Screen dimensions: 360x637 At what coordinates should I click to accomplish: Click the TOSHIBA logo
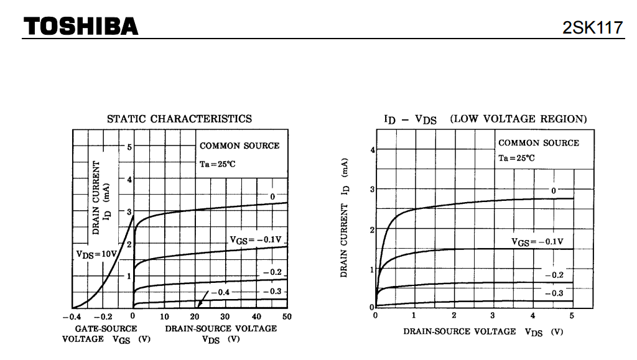(x=81, y=26)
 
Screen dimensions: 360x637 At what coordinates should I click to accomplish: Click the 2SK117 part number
(x=593, y=28)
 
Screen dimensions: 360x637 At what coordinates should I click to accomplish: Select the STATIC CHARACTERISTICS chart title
(x=179, y=119)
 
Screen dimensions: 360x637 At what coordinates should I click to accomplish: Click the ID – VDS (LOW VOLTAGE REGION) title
(x=485, y=119)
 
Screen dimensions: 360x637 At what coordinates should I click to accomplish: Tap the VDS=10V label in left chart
(x=97, y=254)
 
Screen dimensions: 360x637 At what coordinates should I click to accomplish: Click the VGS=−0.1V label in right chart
(x=537, y=241)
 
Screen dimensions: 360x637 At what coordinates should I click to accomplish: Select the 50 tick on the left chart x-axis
(x=286, y=317)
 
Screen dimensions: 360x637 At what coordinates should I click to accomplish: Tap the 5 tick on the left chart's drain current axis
(x=129, y=147)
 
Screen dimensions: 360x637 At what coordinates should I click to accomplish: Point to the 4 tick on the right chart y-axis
(x=372, y=149)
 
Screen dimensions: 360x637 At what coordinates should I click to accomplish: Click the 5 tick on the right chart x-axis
(x=572, y=316)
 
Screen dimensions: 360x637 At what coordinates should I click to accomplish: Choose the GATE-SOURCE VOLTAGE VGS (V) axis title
(x=106, y=333)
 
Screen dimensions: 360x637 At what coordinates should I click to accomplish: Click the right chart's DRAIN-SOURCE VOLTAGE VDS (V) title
(x=483, y=331)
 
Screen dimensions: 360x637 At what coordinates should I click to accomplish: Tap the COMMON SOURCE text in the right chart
(x=538, y=143)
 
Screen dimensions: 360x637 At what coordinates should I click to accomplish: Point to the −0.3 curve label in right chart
(x=554, y=293)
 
